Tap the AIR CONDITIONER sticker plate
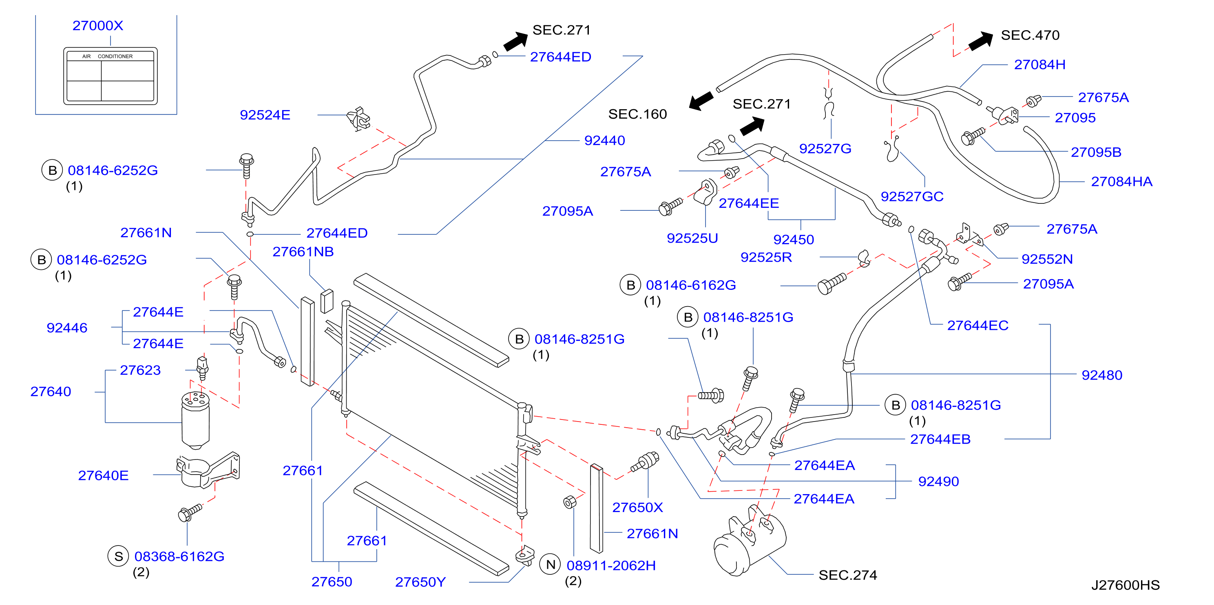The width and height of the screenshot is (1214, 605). tap(110, 76)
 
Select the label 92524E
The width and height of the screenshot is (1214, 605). tap(265, 115)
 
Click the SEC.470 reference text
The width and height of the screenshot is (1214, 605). tap(1030, 35)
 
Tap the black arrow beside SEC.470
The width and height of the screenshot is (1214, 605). tap(981, 41)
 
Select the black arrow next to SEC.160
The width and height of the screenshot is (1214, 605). tap(701, 100)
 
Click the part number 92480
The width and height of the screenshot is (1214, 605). tap(1102, 375)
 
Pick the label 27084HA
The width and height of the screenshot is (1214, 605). tap(1121, 181)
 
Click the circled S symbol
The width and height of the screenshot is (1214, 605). tap(118, 556)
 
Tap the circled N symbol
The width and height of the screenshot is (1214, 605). tap(551, 565)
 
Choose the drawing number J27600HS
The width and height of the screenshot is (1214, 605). tap(1126, 585)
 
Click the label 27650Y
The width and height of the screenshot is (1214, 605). tap(420, 583)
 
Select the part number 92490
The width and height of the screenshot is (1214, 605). tap(938, 481)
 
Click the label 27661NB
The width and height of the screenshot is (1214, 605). tap(303, 252)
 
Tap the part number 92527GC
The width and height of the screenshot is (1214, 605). tap(912, 197)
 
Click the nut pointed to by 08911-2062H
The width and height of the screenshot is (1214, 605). tap(570, 502)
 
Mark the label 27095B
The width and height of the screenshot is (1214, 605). tap(1096, 152)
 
